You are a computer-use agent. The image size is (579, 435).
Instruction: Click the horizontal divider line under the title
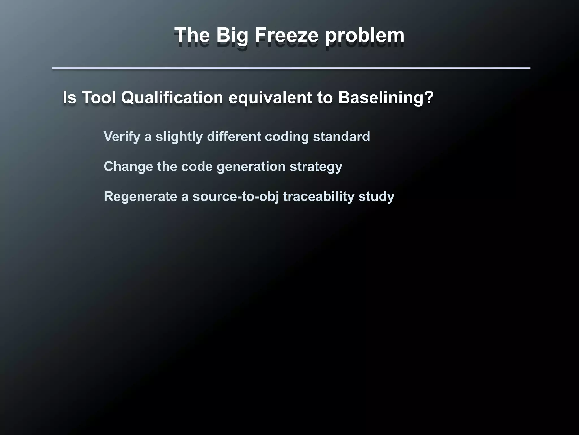pos(291,68)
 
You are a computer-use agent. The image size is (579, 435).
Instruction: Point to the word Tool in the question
pos(99,97)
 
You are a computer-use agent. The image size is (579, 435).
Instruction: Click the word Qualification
pos(172,97)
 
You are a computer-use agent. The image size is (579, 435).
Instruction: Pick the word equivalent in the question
pos(270,97)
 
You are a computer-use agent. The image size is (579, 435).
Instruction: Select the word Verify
pos(122,137)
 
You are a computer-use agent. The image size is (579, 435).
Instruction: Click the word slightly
pos(179,137)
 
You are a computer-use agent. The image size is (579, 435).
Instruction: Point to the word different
pos(234,137)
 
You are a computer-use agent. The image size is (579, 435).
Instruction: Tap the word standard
pos(341,137)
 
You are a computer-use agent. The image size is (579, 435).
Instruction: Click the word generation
pos(251,167)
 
